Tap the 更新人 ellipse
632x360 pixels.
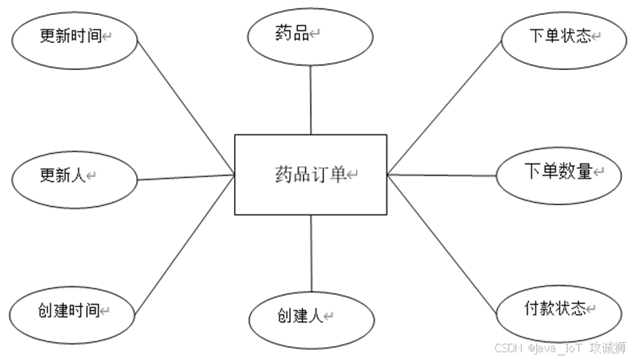pyautogui.click(x=74, y=177)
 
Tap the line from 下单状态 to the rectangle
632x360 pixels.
pyautogui.click(x=443, y=109)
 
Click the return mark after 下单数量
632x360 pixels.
pyautogui.click(x=598, y=172)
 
